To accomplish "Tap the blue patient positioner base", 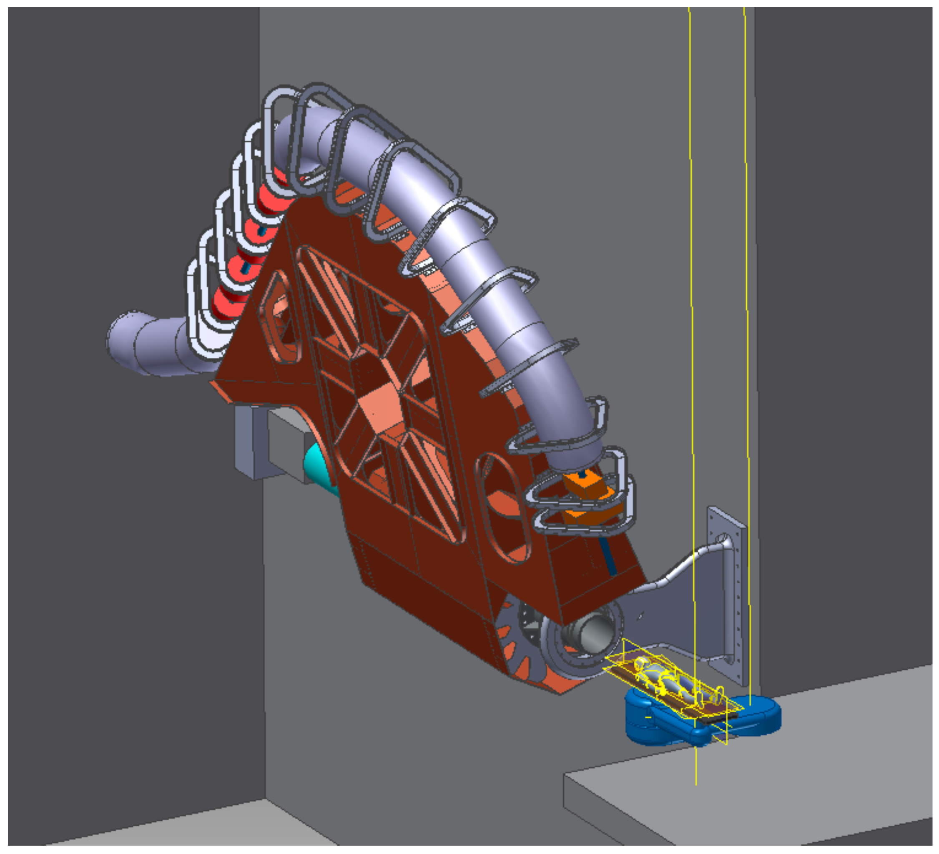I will (x=652, y=718).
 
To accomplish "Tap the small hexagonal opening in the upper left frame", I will (x=279, y=317).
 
